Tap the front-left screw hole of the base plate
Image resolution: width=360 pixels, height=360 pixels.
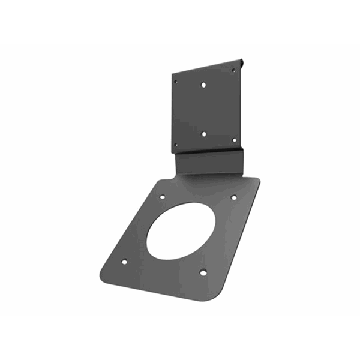(x=124, y=262)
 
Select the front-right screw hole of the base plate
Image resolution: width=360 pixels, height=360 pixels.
(x=203, y=272)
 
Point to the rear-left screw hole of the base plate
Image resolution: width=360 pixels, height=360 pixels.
(x=163, y=196)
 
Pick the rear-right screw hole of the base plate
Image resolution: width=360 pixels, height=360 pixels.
(x=233, y=197)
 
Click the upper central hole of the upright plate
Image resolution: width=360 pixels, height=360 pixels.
(x=204, y=85)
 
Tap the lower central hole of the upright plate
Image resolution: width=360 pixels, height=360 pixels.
(x=204, y=134)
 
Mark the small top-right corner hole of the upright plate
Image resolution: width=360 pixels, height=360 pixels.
(x=233, y=71)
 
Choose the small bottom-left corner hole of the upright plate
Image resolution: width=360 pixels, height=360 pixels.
(x=176, y=144)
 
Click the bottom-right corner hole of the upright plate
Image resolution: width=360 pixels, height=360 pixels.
(x=234, y=139)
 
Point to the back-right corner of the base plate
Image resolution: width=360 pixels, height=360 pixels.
(x=258, y=180)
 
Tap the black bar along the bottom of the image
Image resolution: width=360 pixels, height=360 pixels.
(x=180, y=337)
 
